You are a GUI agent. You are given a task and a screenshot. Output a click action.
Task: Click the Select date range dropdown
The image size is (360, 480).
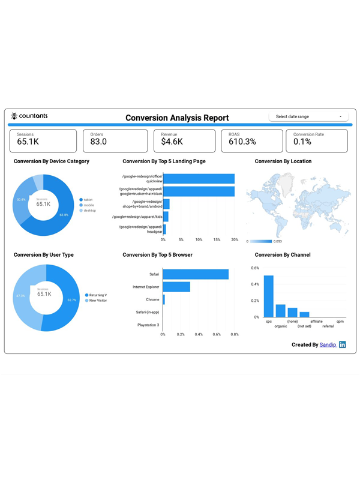[x=308, y=116]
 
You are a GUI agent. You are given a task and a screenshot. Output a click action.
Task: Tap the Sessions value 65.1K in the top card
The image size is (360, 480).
[x=28, y=142]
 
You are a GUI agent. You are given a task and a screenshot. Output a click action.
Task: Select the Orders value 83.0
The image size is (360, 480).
[x=98, y=142]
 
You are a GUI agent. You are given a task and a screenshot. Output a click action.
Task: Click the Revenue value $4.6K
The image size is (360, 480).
[x=172, y=142]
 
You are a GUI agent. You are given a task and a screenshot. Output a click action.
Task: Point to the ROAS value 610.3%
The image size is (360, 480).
[x=242, y=142]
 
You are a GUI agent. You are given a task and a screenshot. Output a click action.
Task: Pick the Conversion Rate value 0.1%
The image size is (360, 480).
[x=302, y=142]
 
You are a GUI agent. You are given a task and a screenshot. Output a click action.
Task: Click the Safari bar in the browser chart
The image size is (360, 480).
[x=196, y=274]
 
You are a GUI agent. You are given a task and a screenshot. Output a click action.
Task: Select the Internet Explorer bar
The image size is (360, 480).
[x=176, y=287]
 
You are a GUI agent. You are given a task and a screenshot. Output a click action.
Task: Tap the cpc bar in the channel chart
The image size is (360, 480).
[x=269, y=296]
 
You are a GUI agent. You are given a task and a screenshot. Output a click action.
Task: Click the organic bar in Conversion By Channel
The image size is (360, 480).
[x=281, y=310]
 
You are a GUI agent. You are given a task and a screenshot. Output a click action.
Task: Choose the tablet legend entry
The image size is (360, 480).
[x=88, y=200]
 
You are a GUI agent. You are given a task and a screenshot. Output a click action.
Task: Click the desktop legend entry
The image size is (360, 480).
[x=89, y=211]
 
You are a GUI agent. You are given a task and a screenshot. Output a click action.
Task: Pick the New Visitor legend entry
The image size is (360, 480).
[x=97, y=301]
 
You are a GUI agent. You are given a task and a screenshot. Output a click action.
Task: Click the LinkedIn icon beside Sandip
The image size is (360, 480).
[x=343, y=345]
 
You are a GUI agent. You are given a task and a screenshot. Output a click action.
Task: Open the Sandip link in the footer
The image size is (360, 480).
[x=328, y=345]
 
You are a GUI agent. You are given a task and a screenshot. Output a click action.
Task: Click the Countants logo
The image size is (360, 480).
[x=29, y=116]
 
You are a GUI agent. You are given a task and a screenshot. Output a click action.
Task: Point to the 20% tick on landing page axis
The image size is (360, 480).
[x=235, y=239]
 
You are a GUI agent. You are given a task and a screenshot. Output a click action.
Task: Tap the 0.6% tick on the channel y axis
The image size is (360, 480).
[x=255, y=268]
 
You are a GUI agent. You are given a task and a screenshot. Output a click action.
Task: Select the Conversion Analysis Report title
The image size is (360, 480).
[x=177, y=118]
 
